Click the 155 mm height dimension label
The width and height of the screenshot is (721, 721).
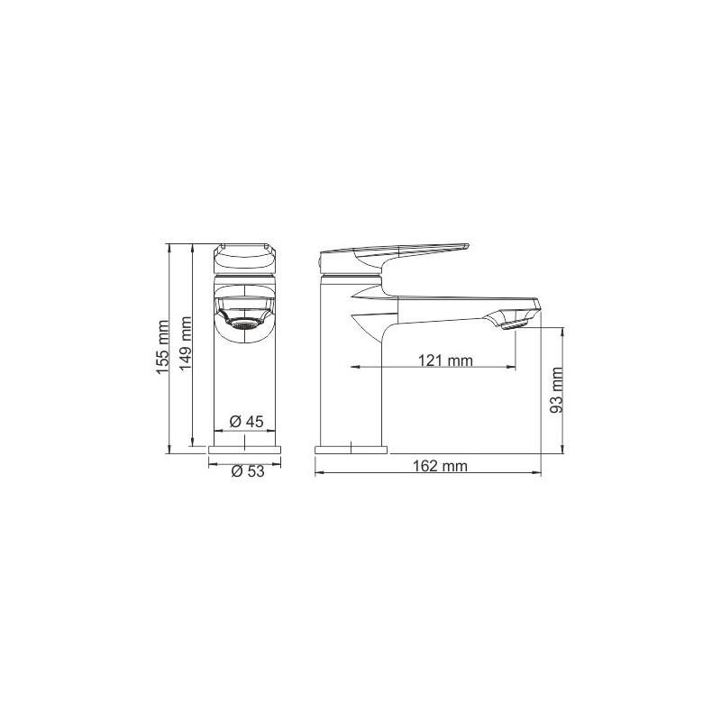(x=164, y=348)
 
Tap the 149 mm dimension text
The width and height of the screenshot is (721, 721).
(x=185, y=343)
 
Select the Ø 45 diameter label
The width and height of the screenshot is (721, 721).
(x=246, y=421)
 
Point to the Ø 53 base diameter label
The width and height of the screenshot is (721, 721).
(x=248, y=470)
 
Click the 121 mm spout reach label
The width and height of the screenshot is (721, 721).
(x=445, y=360)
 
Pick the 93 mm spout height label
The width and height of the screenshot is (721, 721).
(x=556, y=390)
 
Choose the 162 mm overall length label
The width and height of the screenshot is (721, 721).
(x=440, y=466)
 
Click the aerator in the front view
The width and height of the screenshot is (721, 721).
(x=243, y=324)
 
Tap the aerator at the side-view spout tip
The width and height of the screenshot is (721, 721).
(x=515, y=325)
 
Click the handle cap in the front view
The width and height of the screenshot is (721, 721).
(x=244, y=258)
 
